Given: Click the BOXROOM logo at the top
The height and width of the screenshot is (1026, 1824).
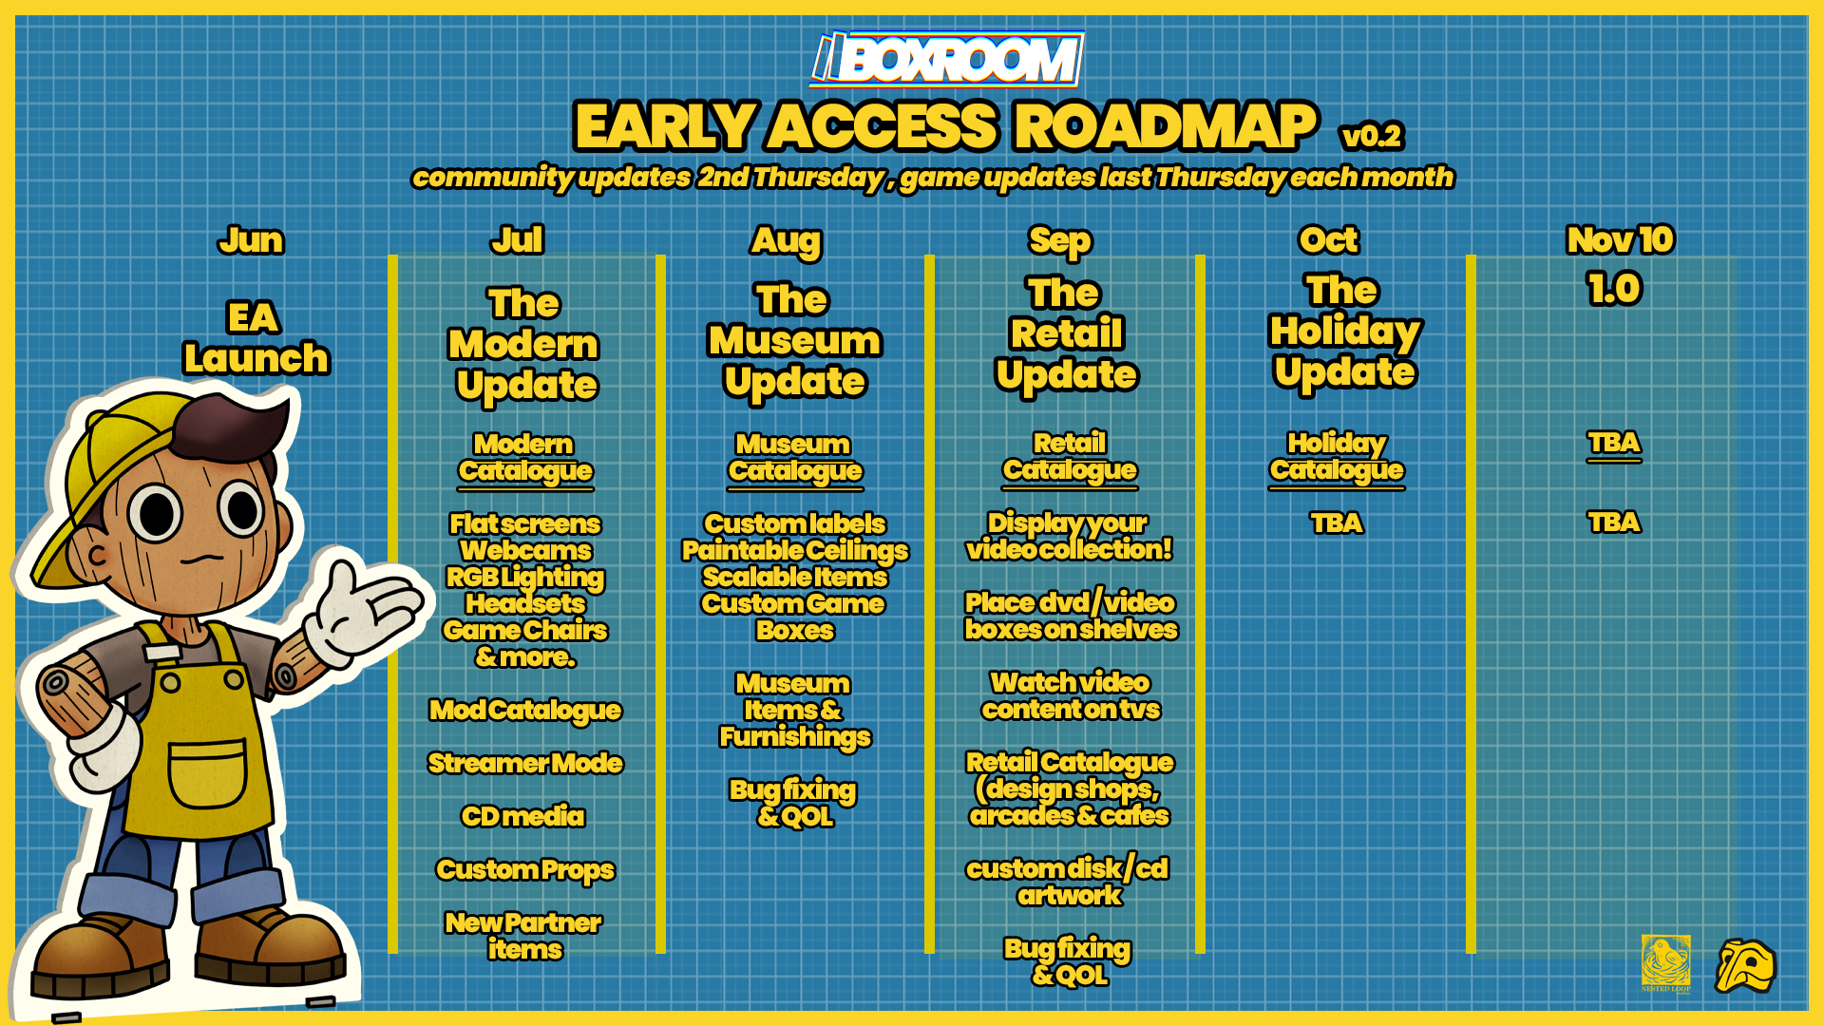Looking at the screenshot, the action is pos(947,59).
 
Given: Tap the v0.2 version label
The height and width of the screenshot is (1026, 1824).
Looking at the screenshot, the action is pos(1372,136).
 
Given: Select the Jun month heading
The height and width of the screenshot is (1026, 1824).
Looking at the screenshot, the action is pos(251,240).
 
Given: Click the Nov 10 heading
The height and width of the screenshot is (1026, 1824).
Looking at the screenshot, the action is pos(1620,239).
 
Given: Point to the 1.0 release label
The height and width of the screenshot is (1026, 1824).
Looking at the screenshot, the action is pos(1614,288).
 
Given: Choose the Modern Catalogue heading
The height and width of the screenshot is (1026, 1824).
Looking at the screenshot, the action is pos(525,459).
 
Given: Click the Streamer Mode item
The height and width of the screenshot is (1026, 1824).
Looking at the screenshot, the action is pos(525,763).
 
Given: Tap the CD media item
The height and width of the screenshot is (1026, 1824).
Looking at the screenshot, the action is pos(522,816).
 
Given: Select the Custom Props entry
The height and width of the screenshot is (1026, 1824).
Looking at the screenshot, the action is pos(525,870).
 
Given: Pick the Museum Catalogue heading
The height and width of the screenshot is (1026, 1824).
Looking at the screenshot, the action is pos(795,459).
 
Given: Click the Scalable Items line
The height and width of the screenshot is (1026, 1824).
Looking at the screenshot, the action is pos(795,577).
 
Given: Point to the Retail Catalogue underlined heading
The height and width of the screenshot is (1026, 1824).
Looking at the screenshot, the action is pos(1070,458).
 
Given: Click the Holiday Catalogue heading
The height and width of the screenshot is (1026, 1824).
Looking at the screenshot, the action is pos(1337,458).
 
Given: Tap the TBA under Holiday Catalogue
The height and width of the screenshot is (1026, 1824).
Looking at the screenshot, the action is pos(1337,522).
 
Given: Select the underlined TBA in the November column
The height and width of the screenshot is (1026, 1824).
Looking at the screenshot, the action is pos(1614,444).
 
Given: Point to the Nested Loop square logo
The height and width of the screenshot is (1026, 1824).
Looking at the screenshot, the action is pos(1666,962).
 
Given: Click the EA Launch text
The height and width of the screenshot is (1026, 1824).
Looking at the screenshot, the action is pos(256,338).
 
